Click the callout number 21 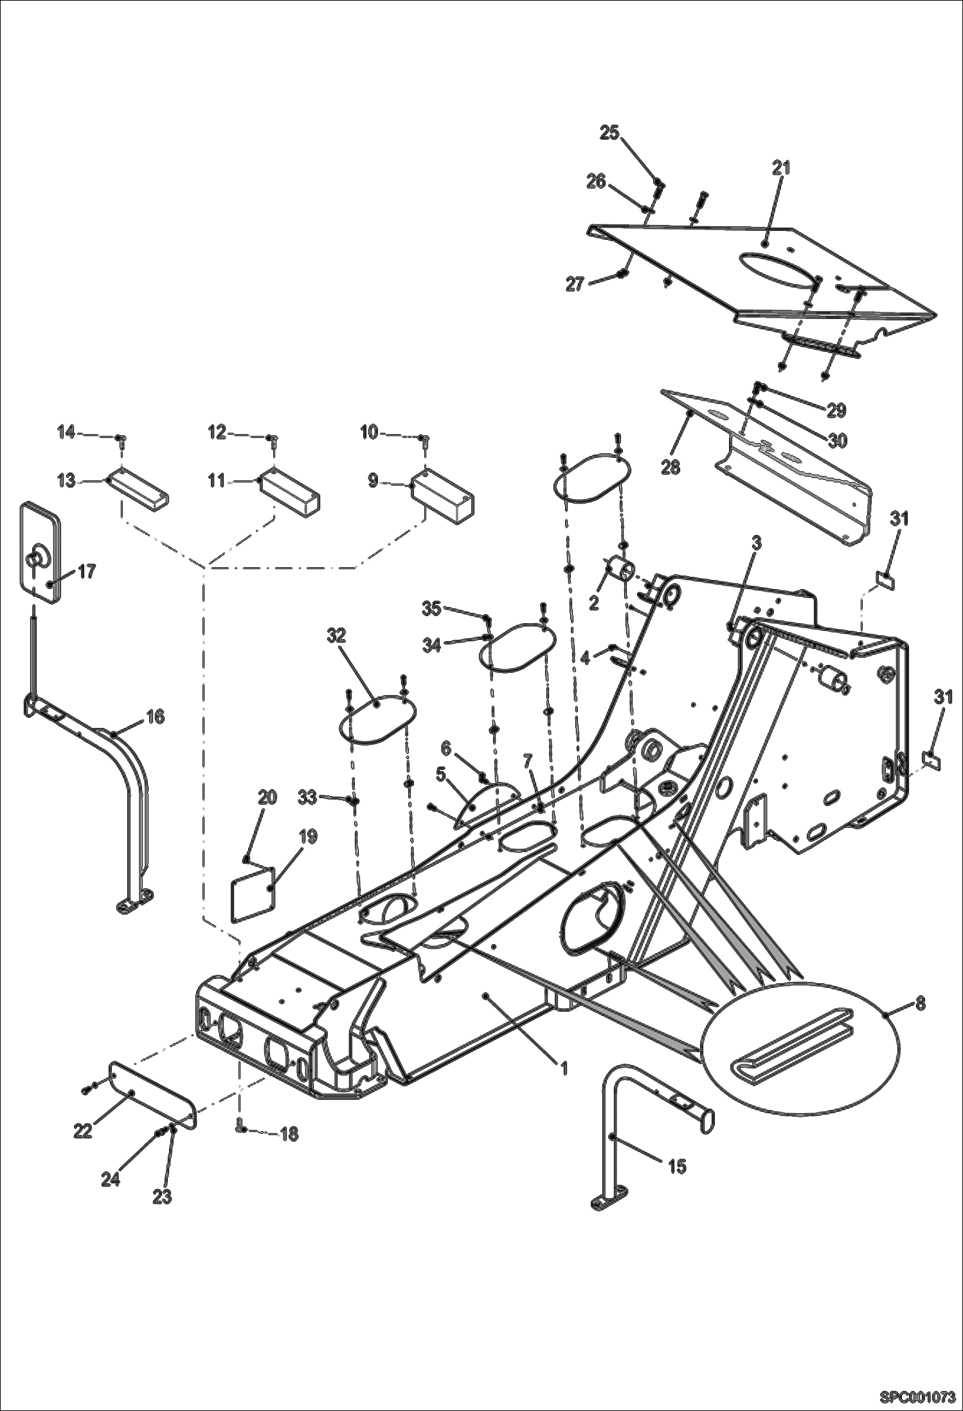click(780, 168)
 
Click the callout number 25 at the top click(609, 133)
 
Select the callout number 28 click(670, 467)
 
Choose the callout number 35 click(431, 608)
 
